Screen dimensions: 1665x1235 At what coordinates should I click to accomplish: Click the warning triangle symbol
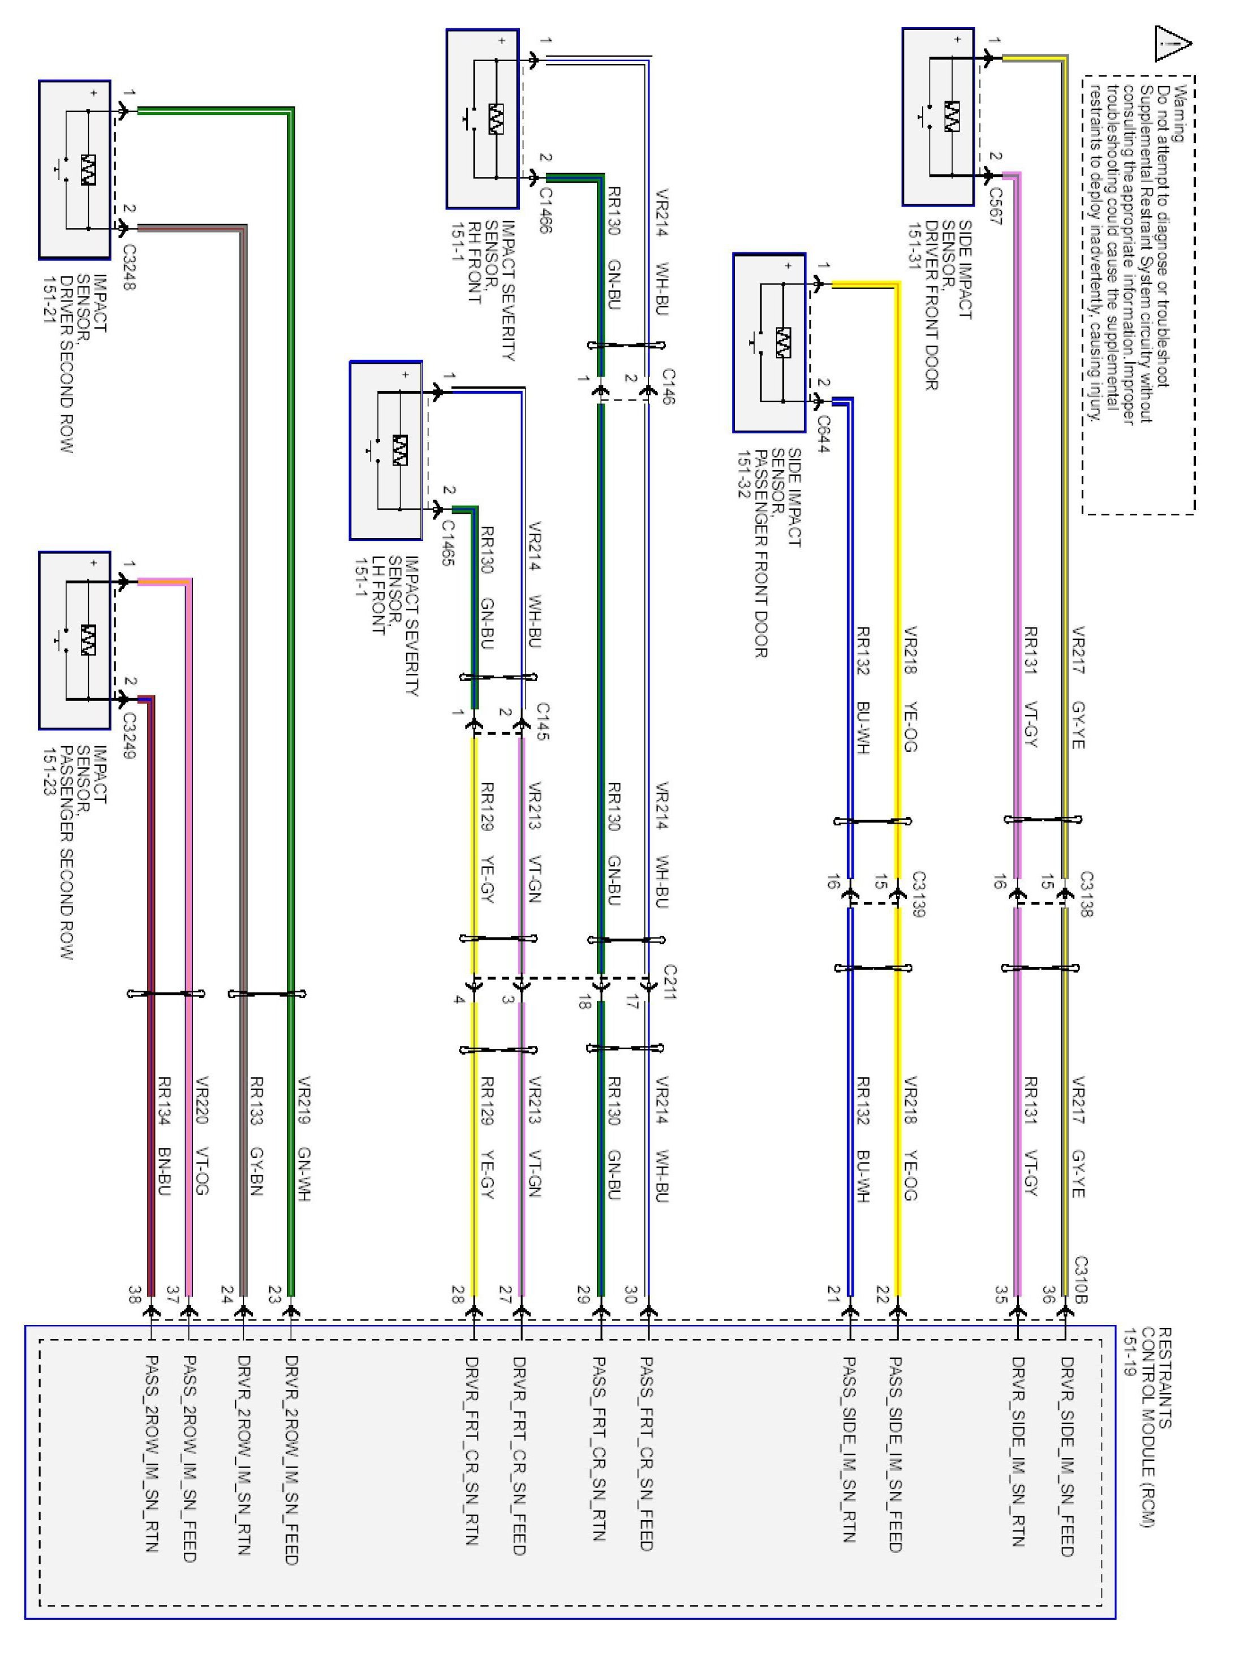(x=1173, y=44)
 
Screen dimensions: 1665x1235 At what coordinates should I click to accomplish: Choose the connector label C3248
(x=130, y=267)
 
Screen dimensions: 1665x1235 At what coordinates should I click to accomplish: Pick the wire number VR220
(x=200, y=1100)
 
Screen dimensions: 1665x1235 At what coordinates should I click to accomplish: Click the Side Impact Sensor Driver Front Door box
(x=937, y=117)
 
